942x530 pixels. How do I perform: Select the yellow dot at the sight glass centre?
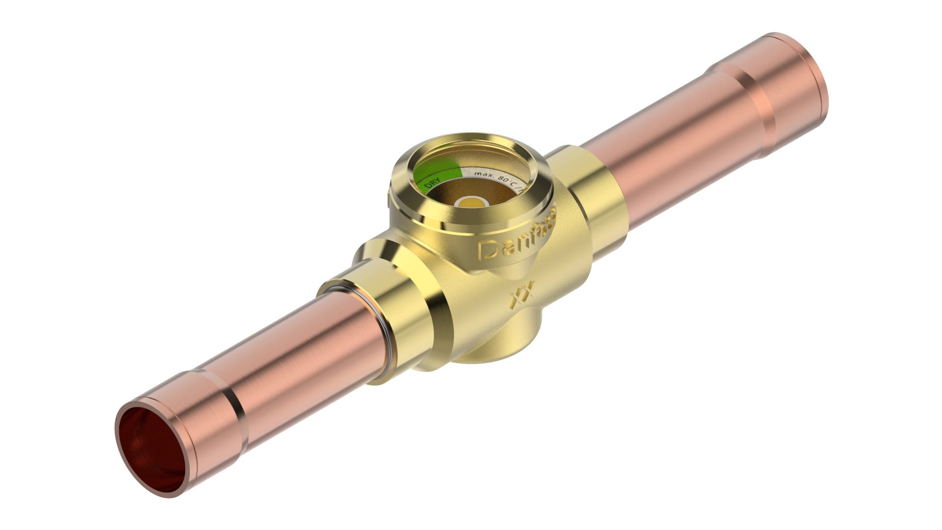tap(472, 202)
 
